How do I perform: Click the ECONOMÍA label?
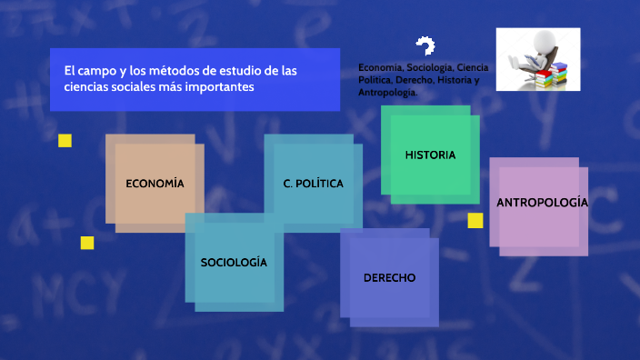(x=155, y=184)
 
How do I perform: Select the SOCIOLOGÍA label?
(x=234, y=262)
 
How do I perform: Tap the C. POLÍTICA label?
(x=313, y=184)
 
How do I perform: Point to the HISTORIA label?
(x=430, y=155)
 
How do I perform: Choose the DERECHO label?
(x=389, y=277)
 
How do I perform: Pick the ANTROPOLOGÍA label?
(x=542, y=202)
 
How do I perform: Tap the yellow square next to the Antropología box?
(x=475, y=221)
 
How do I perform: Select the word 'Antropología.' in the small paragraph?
(x=388, y=93)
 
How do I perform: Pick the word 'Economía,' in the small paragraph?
(x=381, y=67)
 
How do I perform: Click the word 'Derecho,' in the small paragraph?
(x=415, y=80)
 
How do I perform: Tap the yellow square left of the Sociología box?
(x=87, y=243)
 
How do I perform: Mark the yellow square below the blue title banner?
(x=65, y=141)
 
